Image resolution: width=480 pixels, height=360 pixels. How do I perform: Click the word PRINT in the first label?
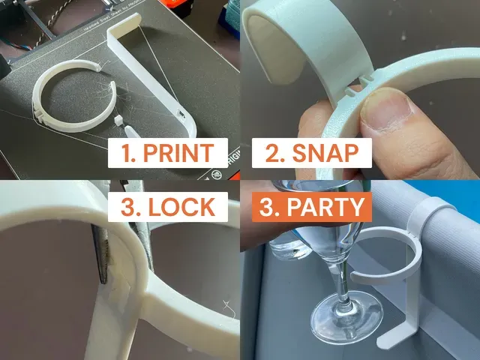[x=178, y=153]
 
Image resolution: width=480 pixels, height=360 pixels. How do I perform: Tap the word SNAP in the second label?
[x=325, y=153]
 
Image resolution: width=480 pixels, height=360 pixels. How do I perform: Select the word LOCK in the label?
[x=181, y=207]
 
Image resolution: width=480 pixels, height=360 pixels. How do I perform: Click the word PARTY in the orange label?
[x=325, y=207]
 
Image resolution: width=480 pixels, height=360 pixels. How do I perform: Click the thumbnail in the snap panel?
[x=387, y=111]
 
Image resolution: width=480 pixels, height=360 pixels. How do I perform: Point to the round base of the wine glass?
[x=346, y=314]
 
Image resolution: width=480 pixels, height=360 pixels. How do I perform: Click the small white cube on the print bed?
[x=118, y=120]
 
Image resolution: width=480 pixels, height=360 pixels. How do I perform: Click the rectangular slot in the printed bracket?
[x=181, y=115]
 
